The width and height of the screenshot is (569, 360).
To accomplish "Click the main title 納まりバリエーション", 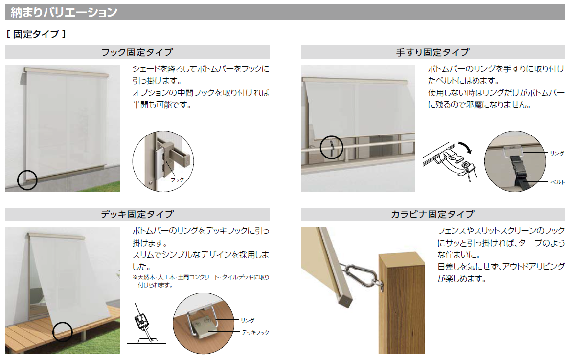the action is [64, 12].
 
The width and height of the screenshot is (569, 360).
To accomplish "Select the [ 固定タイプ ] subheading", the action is [36, 34].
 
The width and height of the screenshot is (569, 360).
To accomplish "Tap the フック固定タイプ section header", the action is [137, 52].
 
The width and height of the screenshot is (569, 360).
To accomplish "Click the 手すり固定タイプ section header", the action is [432, 52].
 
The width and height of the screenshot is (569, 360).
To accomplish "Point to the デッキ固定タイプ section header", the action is [137, 214].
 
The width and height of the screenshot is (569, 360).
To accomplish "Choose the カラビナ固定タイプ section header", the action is [432, 214].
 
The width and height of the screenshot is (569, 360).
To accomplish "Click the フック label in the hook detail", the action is [178, 180].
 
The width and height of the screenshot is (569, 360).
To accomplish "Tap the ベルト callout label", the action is [557, 182].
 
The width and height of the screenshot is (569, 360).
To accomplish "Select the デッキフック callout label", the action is [255, 332].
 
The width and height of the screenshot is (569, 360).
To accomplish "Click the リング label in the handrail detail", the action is [557, 154].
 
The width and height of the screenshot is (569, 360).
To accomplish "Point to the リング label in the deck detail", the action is [248, 320].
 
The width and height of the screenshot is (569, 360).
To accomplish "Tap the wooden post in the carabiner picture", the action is [402, 303].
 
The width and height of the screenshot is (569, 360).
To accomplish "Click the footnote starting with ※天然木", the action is [201, 281].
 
